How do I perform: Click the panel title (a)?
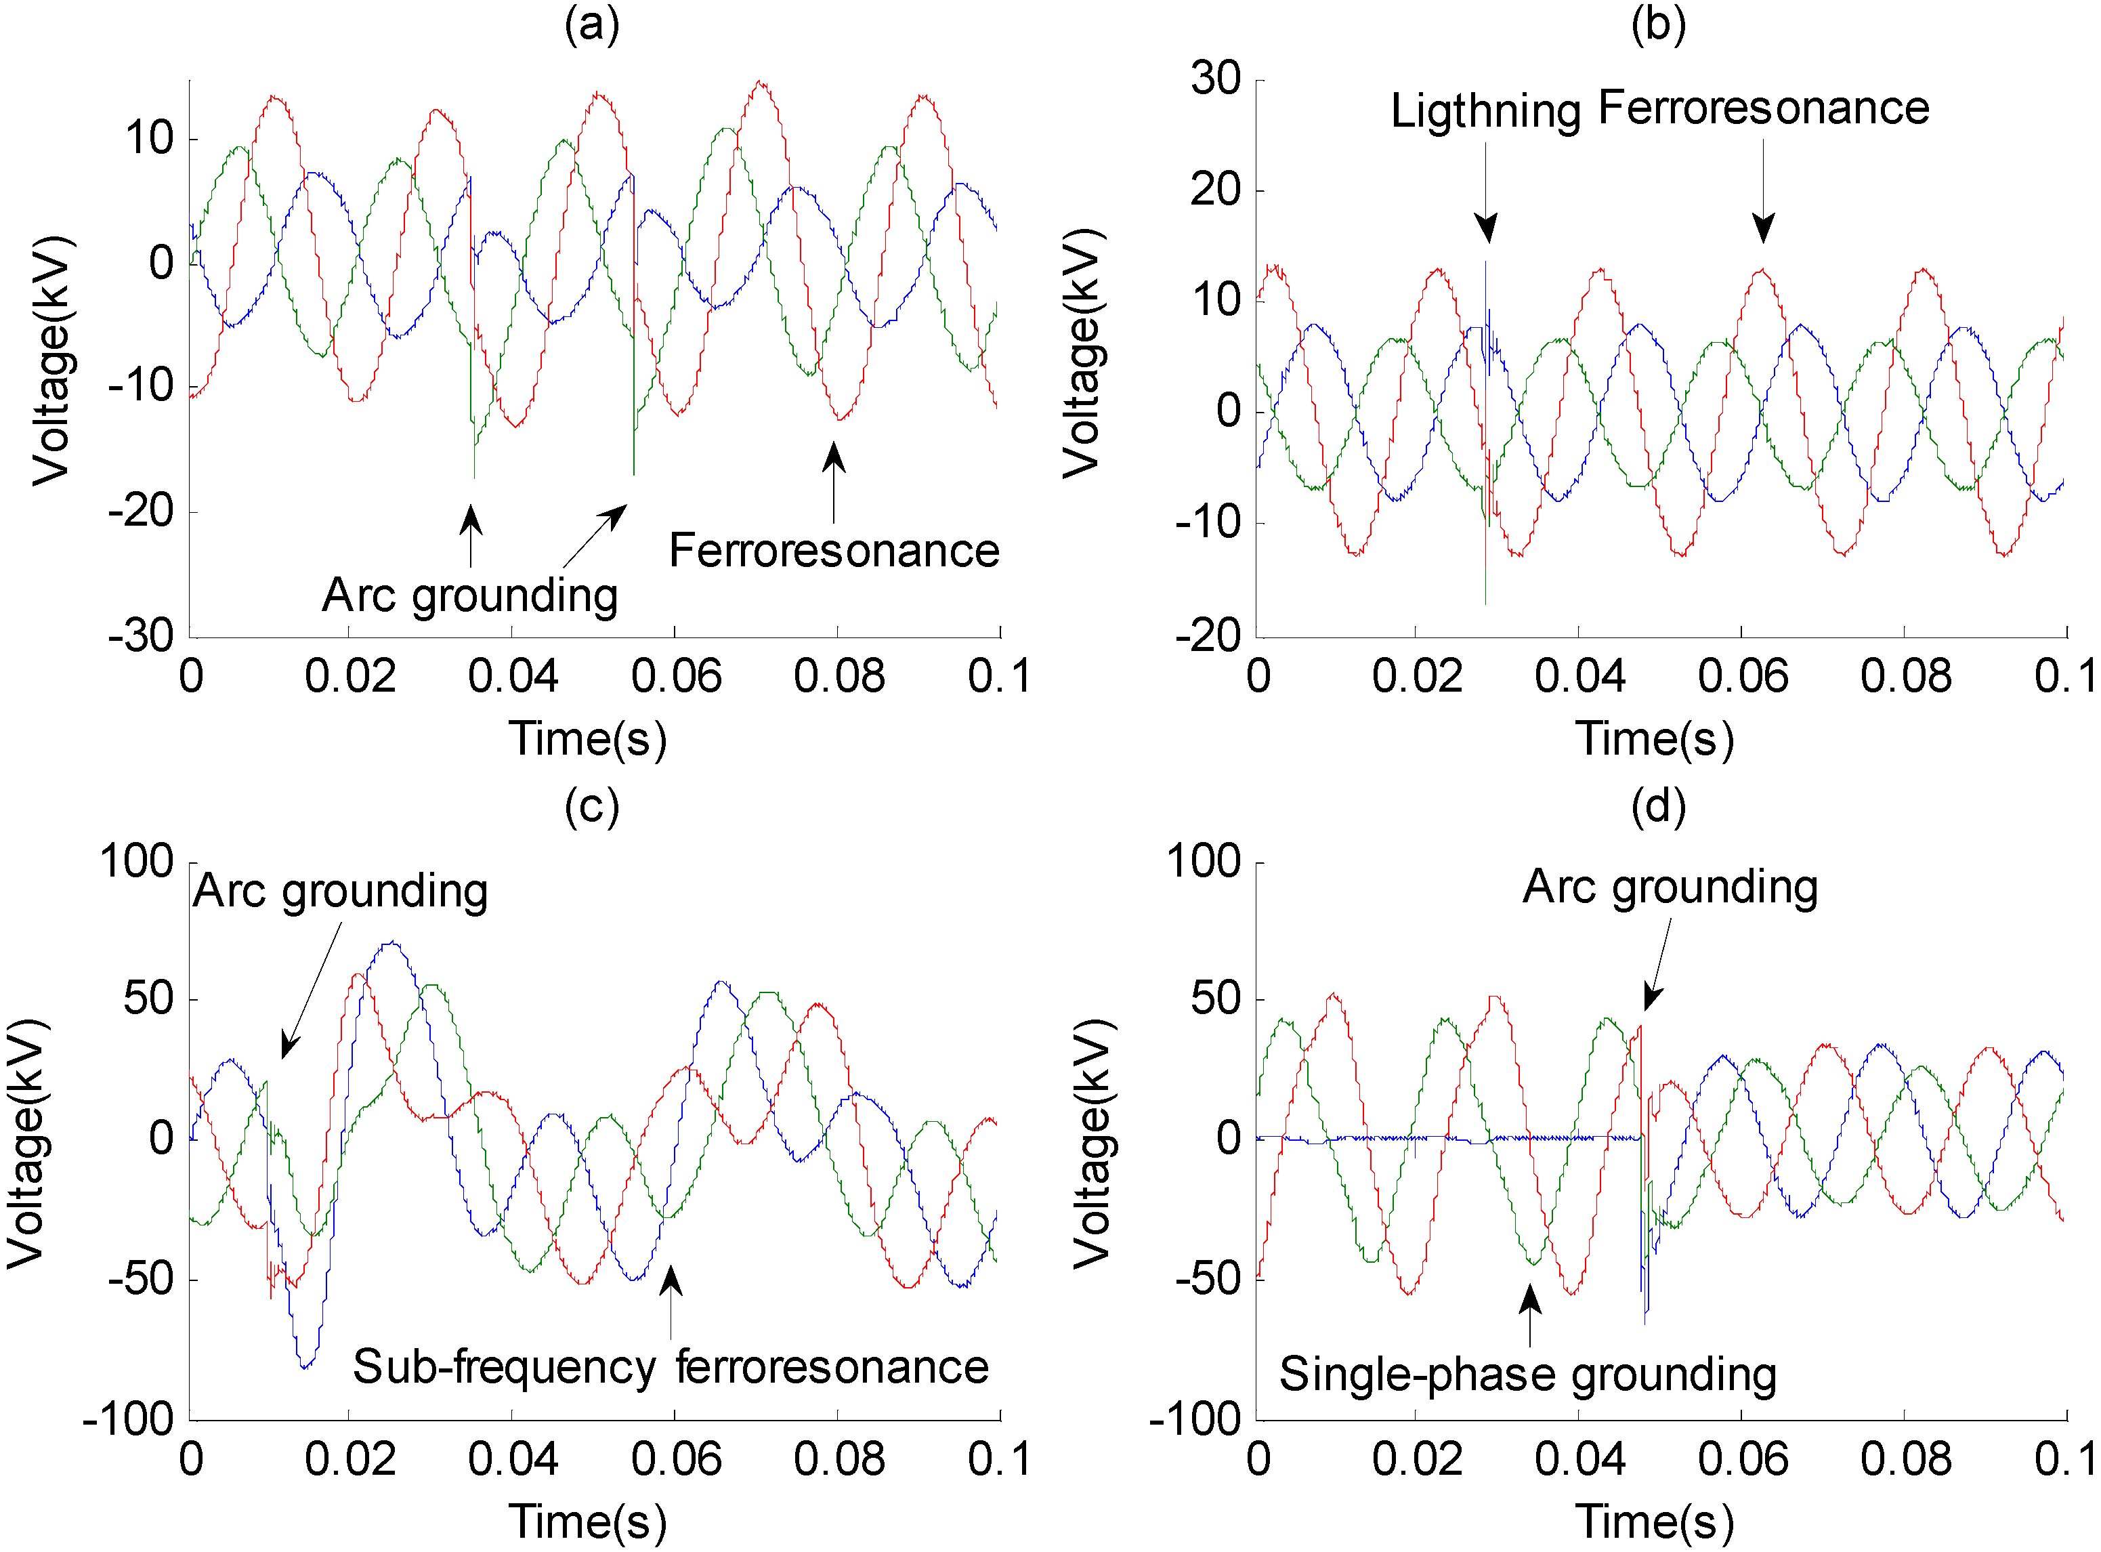click(x=592, y=24)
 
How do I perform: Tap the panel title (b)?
click(x=1659, y=24)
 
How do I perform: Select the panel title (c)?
click(x=592, y=807)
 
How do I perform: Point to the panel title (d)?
click(x=1659, y=807)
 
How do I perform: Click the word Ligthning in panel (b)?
click(x=1486, y=112)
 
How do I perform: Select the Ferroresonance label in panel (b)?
click(x=1763, y=108)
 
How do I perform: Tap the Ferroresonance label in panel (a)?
click(x=834, y=551)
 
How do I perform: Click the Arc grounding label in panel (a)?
click(x=469, y=595)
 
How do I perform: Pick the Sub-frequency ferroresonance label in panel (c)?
click(x=671, y=1367)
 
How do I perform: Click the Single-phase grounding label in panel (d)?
click(x=1527, y=1375)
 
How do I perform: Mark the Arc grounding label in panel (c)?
click(x=340, y=892)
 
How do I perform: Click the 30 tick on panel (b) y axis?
click(x=1216, y=79)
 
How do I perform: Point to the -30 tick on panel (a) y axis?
click(x=142, y=636)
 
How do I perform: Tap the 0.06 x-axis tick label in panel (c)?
click(x=675, y=1460)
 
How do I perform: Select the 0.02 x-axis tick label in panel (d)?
click(x=1416, y=1460)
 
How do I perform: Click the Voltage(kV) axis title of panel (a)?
click(x=51, y=360)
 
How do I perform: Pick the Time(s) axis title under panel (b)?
click(x=1654, y=739)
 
